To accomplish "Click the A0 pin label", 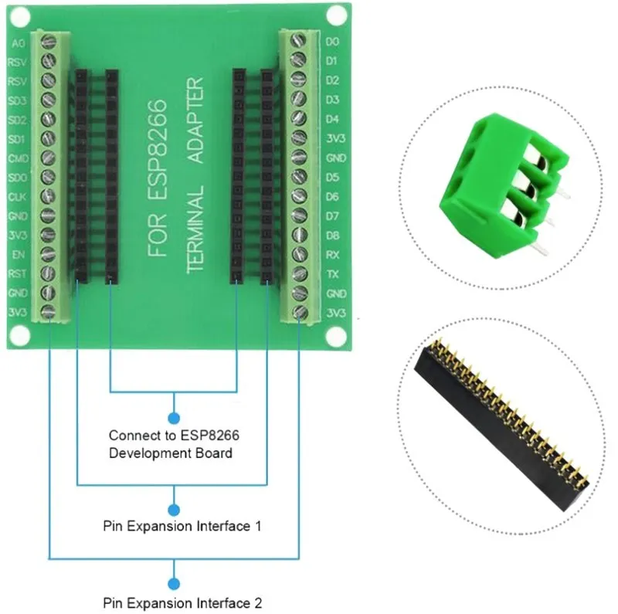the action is coord(18,43).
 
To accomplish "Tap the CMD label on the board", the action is coord(18,158).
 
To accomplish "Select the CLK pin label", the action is coord(17,197).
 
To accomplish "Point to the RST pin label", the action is coord(17,273).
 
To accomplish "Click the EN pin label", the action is coord(19,255).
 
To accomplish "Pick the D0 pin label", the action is coord(332,42).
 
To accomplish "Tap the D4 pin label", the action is coord(332,119).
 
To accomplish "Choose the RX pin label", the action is coord(332,255).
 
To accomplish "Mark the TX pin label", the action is coord(333,274).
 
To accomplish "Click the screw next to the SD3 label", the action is coord(48,100).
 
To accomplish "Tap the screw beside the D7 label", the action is coord(300,215).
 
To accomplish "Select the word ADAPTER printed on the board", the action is coord(195,120).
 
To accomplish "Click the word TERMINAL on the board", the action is coord(195,229).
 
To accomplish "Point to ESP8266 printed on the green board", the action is coord(158,150).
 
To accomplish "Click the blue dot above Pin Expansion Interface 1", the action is coord(174,510).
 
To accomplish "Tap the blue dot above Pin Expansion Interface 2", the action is coord(174,584).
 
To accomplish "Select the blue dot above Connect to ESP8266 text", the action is coord(174,418).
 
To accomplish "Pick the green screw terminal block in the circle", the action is coord(504,185).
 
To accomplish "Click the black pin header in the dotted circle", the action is coord(501,425).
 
